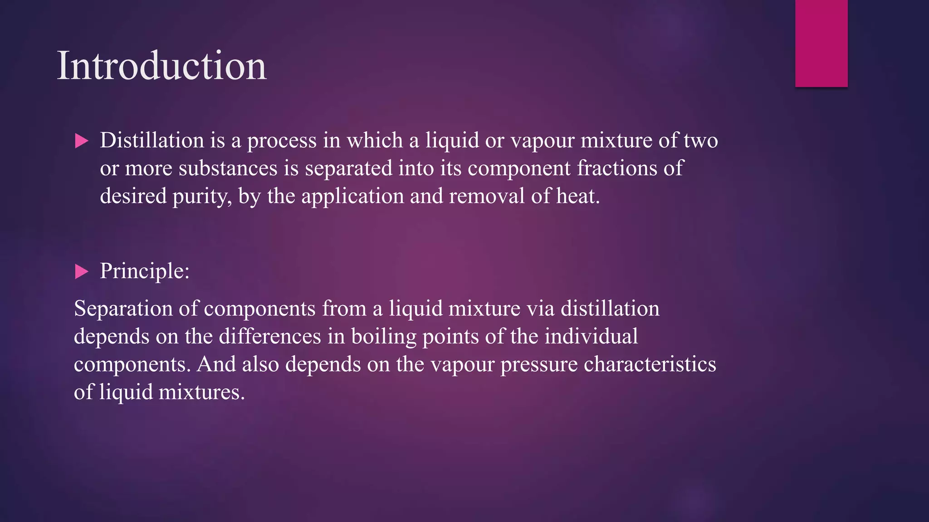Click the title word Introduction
[161, 66]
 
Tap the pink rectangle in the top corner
[821, 43]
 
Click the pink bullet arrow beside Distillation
[81, 141]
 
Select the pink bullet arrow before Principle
[81, 271]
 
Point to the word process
[281, 141]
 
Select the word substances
[228, 169]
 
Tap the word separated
[348, 169]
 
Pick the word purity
[201, 197]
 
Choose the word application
[352, 197]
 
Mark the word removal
[487, 197]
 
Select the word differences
[270, 337]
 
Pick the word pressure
[538, 365]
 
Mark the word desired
[133, 197]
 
